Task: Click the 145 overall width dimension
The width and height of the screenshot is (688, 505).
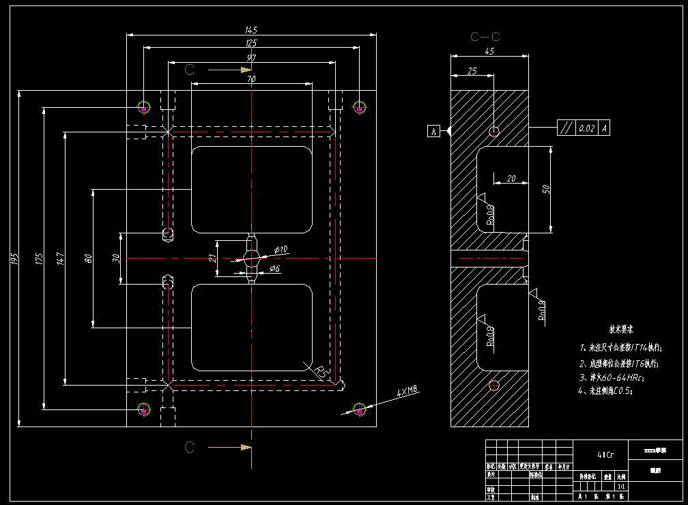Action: click(x=251, y=30)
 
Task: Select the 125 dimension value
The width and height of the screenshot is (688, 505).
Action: click(x=251, y=44)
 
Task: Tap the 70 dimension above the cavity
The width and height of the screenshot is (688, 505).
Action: click(x=251, y=79)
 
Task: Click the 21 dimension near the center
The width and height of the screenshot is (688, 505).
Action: click(x=212, y=258)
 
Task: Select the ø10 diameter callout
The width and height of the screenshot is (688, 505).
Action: click(x=281, y=250)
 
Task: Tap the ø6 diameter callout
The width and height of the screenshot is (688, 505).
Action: click(x=275, y=269)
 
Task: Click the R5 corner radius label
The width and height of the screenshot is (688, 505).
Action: click(x=322, y=372)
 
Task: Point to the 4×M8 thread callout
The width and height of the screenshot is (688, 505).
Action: click(x=407, y=392)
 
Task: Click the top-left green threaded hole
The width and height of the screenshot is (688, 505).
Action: click(x=143, y=107)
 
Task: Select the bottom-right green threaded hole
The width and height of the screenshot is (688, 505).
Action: click(x=358, y=409)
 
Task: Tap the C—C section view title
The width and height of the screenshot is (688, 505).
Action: click(x=485, y=37)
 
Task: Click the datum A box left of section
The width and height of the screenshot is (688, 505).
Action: click(x=433, y=131)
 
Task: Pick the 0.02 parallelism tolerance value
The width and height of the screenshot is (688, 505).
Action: click(x=586, y=128)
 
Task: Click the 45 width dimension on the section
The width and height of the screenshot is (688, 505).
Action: click(x=489, y=51)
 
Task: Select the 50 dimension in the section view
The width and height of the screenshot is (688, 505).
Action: click(x=545, y=189)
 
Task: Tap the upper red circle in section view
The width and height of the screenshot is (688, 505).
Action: click(x=495, y=130)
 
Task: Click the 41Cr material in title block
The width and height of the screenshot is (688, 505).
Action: click(x=605, y=454)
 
